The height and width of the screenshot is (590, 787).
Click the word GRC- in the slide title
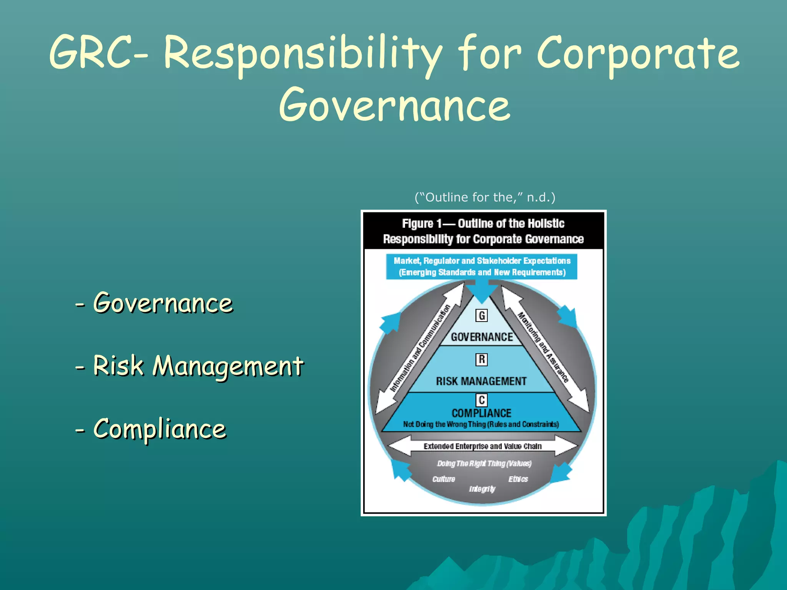[98, 53]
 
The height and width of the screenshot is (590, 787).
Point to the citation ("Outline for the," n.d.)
[485, 197]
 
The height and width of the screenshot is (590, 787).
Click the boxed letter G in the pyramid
[481, 316]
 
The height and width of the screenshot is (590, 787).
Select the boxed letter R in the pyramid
[481, 360]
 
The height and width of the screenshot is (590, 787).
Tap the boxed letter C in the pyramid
[481, 400]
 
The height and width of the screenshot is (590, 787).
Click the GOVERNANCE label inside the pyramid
[482, 337]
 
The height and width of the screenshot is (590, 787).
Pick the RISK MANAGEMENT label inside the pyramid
[481, 381]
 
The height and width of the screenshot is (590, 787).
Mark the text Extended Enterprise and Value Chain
[483, 446]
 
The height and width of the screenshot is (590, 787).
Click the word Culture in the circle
[443, 479]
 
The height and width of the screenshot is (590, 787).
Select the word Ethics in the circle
[518, 479]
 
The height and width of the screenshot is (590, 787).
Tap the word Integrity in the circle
[482, 489]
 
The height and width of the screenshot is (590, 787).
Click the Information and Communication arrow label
[420, 348]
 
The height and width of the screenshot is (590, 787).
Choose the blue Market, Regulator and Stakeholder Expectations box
[482, 267]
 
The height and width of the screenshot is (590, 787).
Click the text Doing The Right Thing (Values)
[484, 464]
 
